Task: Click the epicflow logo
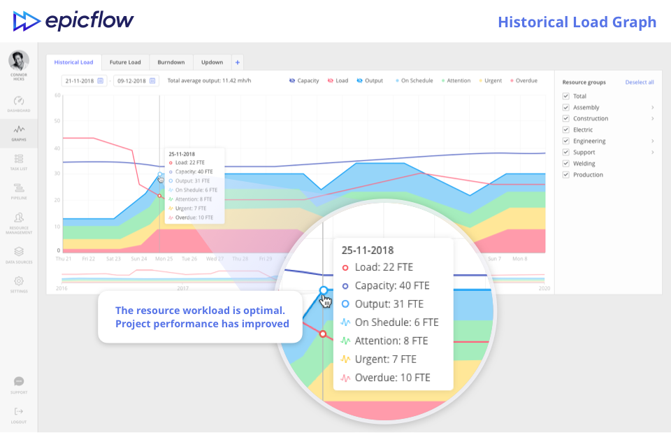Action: [73, 21]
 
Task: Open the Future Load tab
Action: [125, 62]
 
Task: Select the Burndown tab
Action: [171, 62]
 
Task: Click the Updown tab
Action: [212, 62]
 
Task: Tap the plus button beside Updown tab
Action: [238, 62]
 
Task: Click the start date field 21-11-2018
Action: [84, 80]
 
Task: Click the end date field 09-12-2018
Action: [136, 80]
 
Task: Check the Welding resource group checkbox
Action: [565, 164]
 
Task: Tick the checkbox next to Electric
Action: [565, 130]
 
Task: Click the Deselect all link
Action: [640, 83]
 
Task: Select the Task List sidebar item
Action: [19, 162]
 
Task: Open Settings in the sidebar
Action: [19, 283]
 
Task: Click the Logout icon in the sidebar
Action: [19, 413]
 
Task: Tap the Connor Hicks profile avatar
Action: [19, 59]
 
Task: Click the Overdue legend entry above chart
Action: [524, 80]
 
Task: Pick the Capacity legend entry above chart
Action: [304, 80]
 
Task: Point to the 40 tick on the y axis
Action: [58, 148]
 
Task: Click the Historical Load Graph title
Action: [577, 22]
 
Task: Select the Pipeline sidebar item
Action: [19, 190]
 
